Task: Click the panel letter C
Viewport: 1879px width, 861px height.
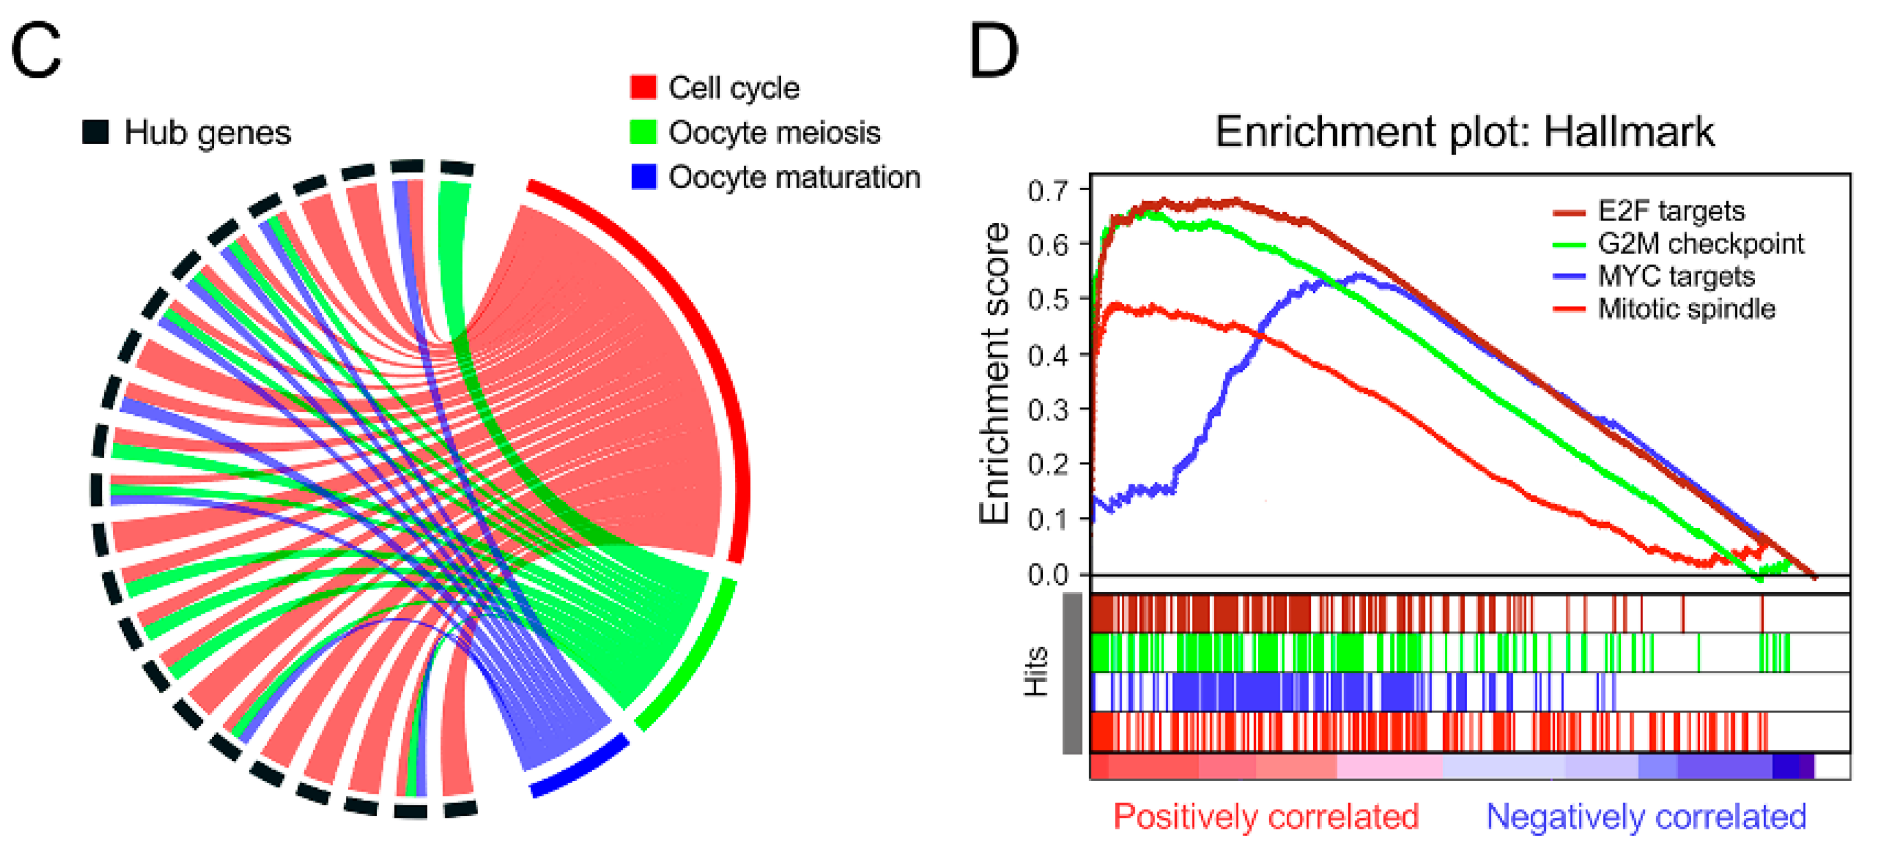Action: (36, 50)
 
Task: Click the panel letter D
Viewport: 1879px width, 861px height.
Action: (994, 50)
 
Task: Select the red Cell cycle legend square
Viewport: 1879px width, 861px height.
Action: (643, 87)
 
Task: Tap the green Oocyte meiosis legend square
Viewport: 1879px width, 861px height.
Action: (643, 132)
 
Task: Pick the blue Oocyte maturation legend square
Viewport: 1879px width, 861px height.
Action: (643, 177)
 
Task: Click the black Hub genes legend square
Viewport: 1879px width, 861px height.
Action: (95, 132)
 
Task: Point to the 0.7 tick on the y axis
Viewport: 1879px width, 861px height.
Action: (1047, 191)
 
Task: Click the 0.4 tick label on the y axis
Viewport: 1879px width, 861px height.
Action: (1047, 356)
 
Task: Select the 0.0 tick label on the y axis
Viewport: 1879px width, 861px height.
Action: (1047, 575)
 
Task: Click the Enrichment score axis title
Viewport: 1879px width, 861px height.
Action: (994, 373)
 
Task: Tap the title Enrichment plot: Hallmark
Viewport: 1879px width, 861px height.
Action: (1465, 132)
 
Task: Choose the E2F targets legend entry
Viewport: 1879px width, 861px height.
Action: (1670, 211)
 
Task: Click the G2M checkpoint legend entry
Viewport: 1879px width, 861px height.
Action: (1699, 243)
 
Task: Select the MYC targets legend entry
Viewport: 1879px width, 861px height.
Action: (1675, 276)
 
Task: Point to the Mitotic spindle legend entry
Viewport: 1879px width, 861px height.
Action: (1686, 309)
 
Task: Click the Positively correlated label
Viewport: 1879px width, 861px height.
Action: (1266, 817)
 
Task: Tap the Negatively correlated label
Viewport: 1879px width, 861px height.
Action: (1646, 817)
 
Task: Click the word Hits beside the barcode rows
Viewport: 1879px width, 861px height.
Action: (1036, 671)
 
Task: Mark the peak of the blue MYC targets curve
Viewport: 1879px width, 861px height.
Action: (1359, 275)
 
